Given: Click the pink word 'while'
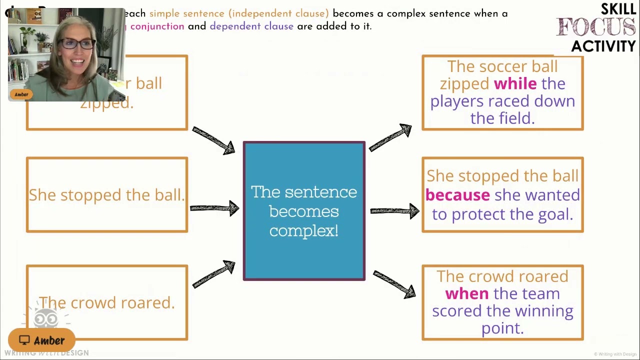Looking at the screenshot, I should (x=515, y=83).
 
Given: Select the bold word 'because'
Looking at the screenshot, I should (x=457, y=195).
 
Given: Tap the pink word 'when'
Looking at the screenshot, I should (x=467, y=293).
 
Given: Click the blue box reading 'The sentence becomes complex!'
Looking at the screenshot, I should (x=304, y=211).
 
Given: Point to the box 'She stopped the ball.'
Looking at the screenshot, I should (x=106, y=195).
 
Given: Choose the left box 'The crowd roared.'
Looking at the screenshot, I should (x=106, y=302).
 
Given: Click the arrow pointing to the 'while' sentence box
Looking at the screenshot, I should (x=390, y=137).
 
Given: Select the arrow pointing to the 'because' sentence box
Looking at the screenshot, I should (x=394, y=211).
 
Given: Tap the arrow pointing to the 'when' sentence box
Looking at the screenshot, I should (x=394, y=284).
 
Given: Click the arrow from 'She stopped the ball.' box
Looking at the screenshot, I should (x=214, y=208).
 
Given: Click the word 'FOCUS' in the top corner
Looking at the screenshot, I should (x=596, y=27).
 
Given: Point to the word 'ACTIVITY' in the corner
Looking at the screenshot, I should (x=603, y=46).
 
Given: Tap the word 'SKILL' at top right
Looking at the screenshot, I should (x=618, y=9).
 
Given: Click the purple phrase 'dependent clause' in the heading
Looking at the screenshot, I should (x=251, y=26).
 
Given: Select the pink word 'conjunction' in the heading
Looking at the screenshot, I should (x=157, y=26).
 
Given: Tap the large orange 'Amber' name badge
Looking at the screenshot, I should (x=42, y=340).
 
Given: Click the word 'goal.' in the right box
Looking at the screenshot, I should (x=555, y=214).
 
